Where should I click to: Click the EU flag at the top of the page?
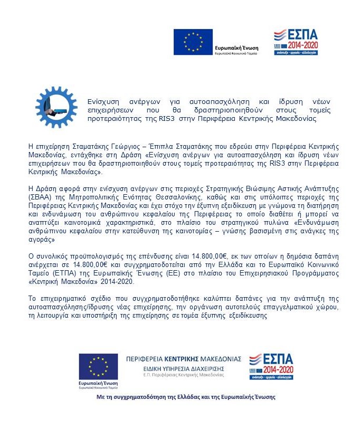[193, 42]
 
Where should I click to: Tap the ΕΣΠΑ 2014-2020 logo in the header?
[295, 42]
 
